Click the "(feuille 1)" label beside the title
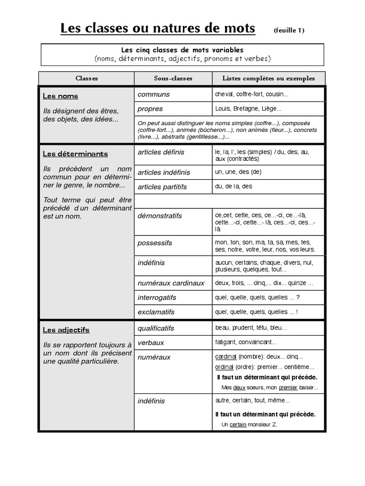click(x=289, y=30)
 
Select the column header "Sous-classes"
click(x=173, y=78)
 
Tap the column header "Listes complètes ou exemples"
click(x=269, y=78)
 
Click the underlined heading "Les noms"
click(x=60, y=96)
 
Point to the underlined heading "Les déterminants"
click(x=75, y=154)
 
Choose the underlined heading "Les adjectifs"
click(x=66, y=330)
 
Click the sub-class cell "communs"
click(x=154, y=94)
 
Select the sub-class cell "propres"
click(x=150, y=109)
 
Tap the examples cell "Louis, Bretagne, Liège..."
click(x=248, y=109)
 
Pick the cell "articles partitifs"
click(x=162, y=187)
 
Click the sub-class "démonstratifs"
click(x=160, y=216)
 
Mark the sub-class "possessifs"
click(x=154, y=243)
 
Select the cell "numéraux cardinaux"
click(x=171, y=283)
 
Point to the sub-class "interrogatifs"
click(x=157, y=298)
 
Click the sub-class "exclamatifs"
click(x=156, y=312)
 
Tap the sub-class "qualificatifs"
click(x=156, y=328)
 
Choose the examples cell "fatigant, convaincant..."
click(x=245, y=342)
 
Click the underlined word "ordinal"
click(x=224, y=367)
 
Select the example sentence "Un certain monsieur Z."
click(x=249, y=424)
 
